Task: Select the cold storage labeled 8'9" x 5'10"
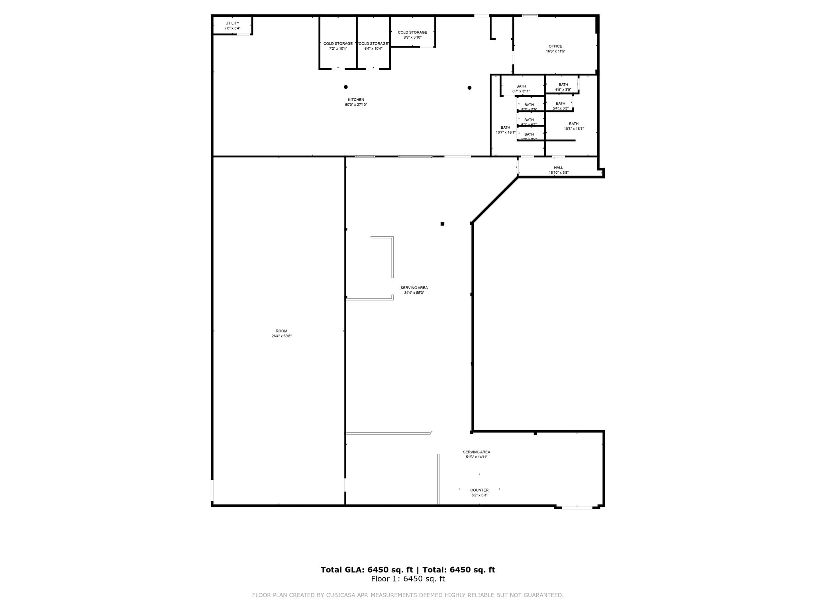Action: [412, 35]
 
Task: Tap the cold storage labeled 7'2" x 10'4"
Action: [338, 46]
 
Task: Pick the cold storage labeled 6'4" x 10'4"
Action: [373, 46]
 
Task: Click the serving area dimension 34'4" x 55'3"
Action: [414, 293]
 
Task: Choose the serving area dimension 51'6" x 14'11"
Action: [477, 457]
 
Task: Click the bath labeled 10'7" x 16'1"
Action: [505, 130]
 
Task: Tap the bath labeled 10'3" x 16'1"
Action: [574, 126]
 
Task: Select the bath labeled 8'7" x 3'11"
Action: [521, 88]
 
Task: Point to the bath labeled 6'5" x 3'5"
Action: [563, 87]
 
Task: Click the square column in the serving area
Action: [442, 224]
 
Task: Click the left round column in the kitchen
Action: [346, 87]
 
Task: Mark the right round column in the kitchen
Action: [469, 88]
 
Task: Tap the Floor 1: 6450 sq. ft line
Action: [408, 579]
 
